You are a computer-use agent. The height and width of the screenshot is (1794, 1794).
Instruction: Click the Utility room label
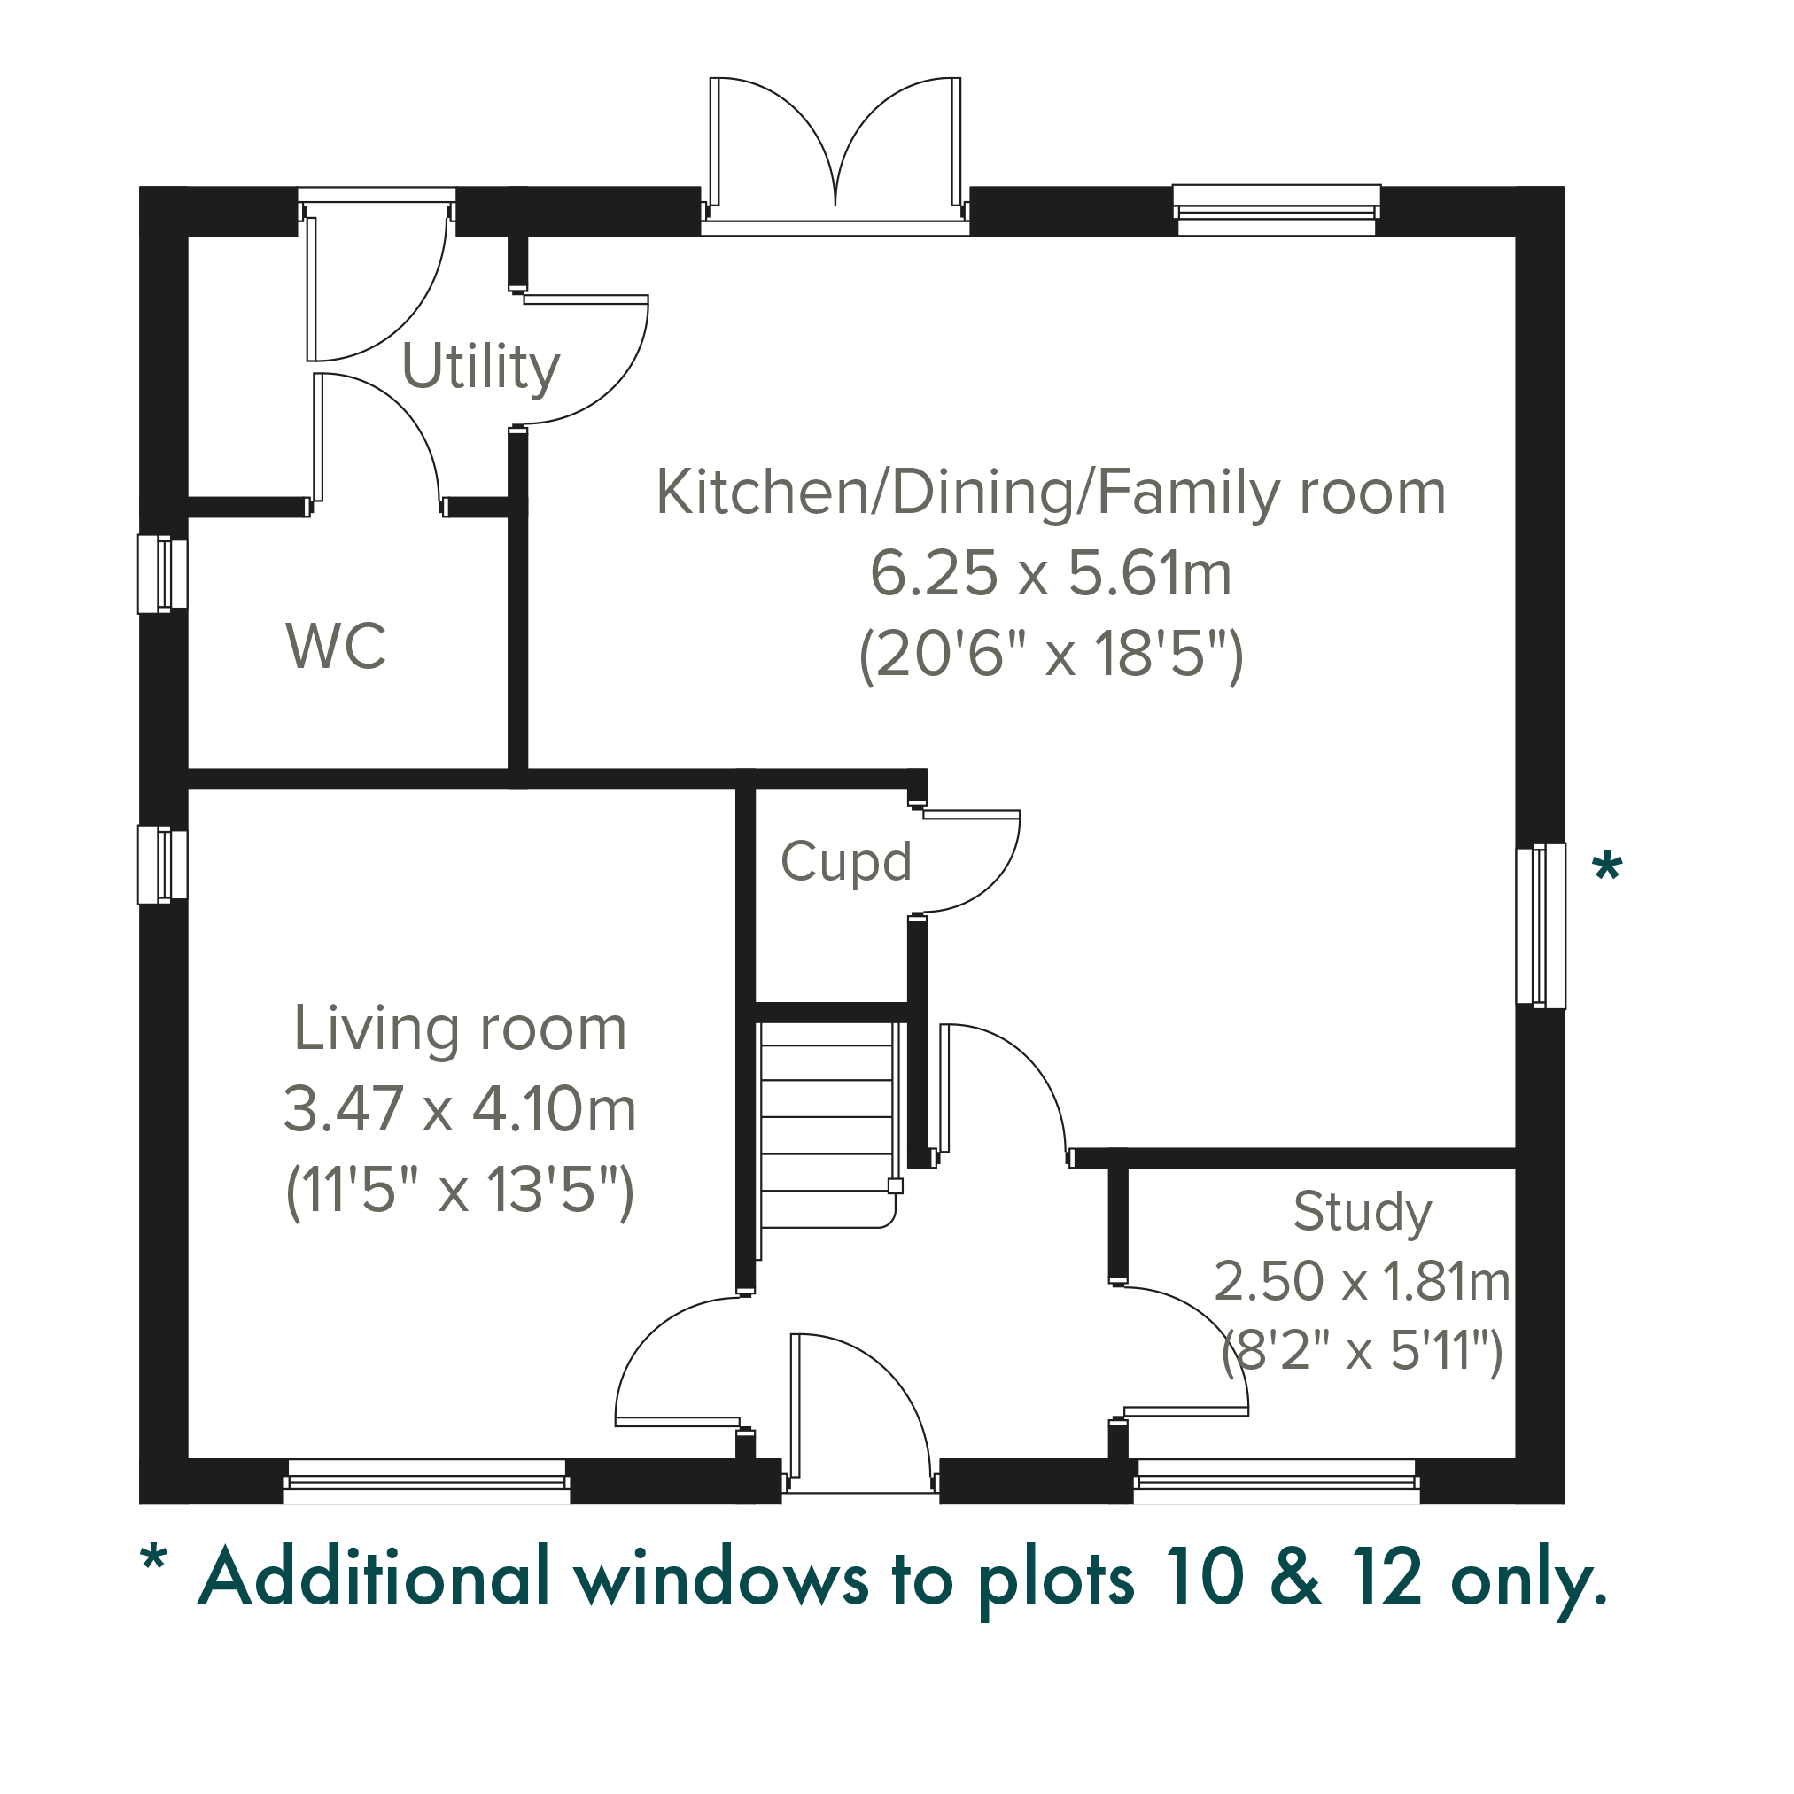click(x=481, y=368)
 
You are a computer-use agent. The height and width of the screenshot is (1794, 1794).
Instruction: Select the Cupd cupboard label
click(x=846, y=863)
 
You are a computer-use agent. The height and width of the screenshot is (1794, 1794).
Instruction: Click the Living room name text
click(x=461, y=1029)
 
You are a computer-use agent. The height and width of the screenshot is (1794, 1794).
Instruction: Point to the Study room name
click(x=1363, y=1213)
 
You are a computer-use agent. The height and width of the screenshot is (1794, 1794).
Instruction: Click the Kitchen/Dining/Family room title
click(x=1051, y=493)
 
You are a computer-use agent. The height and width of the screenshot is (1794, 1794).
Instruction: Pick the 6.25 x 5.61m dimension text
click(x=1051, y=573)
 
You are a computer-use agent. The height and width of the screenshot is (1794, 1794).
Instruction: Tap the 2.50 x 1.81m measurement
click(x=1362, y=1281)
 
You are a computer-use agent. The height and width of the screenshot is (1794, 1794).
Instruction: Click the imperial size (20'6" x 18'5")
click(x=1051, y=656)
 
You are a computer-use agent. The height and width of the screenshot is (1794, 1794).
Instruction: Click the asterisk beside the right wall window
click(x=1607, y=868)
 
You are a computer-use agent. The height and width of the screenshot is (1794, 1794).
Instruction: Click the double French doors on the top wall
click(x=835, y=155)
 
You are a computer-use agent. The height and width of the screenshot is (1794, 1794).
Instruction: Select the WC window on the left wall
click(x=162, y=574)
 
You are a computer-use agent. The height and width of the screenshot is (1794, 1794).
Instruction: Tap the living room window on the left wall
click(x=162, y=865)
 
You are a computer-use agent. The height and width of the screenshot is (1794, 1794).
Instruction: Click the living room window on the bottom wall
click(x=426, y=1481)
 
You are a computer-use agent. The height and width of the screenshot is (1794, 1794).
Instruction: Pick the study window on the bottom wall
click(x=1277, y=1481)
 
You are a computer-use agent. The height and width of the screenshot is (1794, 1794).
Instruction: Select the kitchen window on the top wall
click(x=1277, y=210)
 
